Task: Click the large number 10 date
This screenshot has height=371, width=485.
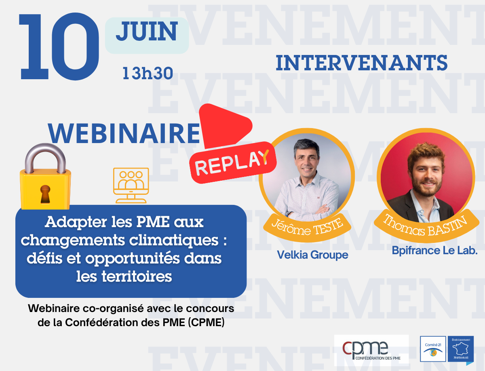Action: (x=59, y=46)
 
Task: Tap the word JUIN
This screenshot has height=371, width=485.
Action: (x=147, y=32)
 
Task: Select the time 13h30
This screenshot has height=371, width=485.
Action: (x=148, y=73)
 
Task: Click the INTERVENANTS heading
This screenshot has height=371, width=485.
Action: (x=362, y=63)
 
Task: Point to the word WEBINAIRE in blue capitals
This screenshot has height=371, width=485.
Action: (x=124, y=134)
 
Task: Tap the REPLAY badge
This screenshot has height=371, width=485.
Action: (x=233, y=163)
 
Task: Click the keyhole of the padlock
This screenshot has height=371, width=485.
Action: (x=45, y=194)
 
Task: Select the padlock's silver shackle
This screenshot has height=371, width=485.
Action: (x=45, y=157)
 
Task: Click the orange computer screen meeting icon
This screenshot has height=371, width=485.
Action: (x=131, y=185)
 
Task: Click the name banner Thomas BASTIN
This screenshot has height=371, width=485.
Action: (x=427, y=226)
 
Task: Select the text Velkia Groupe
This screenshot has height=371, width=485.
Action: (x=313, y=255)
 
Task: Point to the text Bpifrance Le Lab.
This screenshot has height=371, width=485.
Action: (x=434, y=251)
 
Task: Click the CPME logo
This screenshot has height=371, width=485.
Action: (x=371, y=350)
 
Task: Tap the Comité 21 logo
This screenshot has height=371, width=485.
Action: (x=433, y=349)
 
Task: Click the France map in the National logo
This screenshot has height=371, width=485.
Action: (x=461, y=350)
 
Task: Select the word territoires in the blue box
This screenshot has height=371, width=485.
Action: (x=137, y=277)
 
